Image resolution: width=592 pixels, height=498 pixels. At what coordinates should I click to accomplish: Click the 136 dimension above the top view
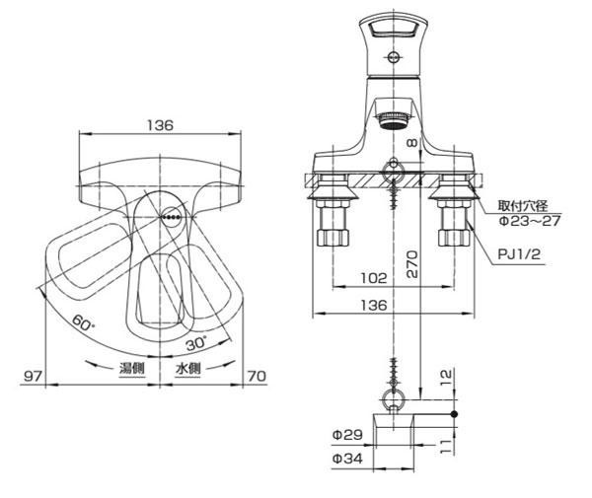click(160, 125)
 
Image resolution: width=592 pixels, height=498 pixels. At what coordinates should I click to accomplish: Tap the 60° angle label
click(83, 322)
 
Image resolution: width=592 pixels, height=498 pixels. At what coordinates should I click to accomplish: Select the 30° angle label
click(196, 342)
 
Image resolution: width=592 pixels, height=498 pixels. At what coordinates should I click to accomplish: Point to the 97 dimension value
click(34, 376)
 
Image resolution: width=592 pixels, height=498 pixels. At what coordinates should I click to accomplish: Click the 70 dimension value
click(257, 376)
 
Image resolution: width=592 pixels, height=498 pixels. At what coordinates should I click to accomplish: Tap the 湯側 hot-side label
click(132, 368)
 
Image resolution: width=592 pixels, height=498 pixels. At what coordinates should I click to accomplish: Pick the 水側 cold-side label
click(188, 368)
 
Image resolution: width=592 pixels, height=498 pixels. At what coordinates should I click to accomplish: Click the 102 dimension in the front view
click(374, 278)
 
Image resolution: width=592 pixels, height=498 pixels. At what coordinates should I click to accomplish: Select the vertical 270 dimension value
click(412, 264)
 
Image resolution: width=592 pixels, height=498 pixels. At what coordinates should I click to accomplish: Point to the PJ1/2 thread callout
click(519, 253)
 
